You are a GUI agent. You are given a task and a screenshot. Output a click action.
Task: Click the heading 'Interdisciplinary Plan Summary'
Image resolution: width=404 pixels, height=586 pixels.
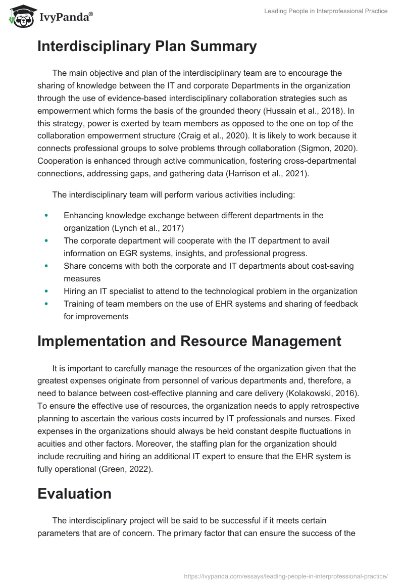147,46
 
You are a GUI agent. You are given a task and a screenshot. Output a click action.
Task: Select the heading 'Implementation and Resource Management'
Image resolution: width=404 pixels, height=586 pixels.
189,341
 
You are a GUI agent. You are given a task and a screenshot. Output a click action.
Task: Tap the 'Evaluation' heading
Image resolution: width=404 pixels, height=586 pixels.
74,494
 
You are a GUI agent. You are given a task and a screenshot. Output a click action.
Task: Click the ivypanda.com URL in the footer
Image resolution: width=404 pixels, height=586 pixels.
286,575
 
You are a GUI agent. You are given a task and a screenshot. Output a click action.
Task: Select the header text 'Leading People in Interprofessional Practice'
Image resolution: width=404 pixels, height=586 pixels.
326,11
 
